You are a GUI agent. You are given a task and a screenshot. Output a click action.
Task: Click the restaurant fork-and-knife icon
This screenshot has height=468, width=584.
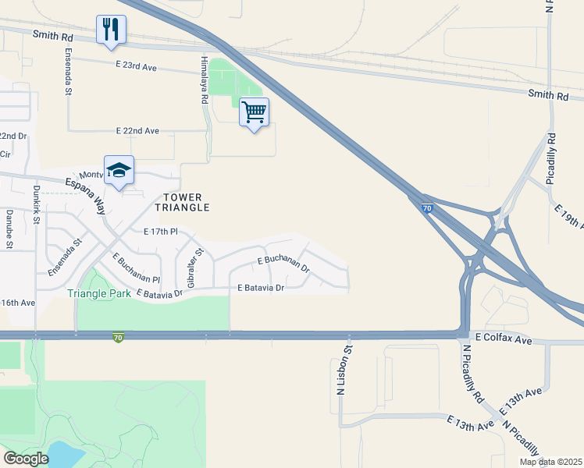pyautogui.click(x=111, y=30)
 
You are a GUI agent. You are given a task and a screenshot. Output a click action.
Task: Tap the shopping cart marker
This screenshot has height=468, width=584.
pyautogui.click(x=254, y=112)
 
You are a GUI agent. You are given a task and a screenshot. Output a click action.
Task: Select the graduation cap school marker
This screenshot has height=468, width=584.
pyautogui.click(x=119, y=170)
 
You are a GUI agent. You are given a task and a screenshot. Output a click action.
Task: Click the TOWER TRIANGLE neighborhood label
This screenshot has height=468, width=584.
pyautogui.click(x=186, y=203)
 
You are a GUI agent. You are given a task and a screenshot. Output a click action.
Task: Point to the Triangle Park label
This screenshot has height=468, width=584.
pyautogui.click(x=98, y=293)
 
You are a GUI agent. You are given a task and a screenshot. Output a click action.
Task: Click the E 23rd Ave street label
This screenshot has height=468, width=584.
pyautogui.click(x=136, y=67)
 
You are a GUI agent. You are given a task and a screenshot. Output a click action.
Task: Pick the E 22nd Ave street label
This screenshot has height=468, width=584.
pyautogui.click(x=137, y=130)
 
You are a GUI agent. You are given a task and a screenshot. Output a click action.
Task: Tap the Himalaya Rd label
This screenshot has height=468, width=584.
pyautogui.click(x=203, y=83)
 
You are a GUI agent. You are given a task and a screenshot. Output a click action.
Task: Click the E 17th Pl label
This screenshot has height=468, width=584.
pyautogui.click(x=162, y=232)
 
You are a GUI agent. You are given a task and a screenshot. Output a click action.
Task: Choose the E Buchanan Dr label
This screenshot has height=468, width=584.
pyautogui.click(x=283, y=264)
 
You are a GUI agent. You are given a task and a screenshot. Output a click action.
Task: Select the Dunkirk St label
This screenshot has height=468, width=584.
pyautogui.click(x=36, y=205)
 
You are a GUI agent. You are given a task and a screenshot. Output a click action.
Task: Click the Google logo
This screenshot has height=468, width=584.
pyautogui.click(x=26, y=458)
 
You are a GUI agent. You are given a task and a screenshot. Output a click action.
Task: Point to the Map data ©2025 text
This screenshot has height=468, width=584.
pyautogui.click(x=550, y=462)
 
